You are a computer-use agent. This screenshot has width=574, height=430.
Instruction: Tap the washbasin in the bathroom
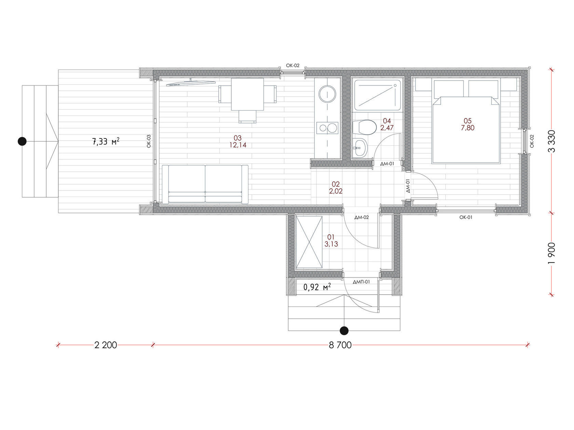pyautogui.click(x=360, y=148)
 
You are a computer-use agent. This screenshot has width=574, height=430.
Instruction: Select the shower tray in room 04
pyautogui.click(x=377, y=95)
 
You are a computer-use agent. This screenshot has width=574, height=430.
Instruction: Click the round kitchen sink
pyautogui.click(x=327, y=94)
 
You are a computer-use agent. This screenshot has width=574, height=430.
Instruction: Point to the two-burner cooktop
pyautogui.click(x=327, y=128)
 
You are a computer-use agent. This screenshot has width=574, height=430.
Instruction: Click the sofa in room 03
pyautogui.click(x=205, y=184)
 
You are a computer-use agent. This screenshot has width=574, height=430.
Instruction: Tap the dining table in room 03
pyautogui.click(x=247, y=94)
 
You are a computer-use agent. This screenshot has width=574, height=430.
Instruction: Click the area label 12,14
pyautogui.click(x=238, y=145)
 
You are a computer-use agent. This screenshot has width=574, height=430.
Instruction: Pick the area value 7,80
pyautogui.click(x=467, y=128)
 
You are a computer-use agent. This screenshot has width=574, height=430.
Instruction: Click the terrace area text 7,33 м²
pyautogui.click(x=106, y=142)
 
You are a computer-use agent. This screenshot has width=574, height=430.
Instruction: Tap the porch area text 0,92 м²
pyautogui.click(x=317, y=287)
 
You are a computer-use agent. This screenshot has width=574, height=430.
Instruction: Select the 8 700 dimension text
pyautogui.click(x=340, y=345)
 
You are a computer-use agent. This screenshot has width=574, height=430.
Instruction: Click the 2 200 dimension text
pyautogui.click(x=106, y=345)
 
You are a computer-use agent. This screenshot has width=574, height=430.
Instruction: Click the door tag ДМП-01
pyautogui.click(x=361, y=282)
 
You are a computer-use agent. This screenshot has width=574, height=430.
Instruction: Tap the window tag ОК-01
pyautogui.click(x=466, y=217)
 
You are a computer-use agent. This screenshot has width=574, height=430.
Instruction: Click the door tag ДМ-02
pyautogui.click(x=361, y=217)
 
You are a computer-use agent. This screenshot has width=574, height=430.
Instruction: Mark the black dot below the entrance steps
pyautogui.click(x=344, y=331)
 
